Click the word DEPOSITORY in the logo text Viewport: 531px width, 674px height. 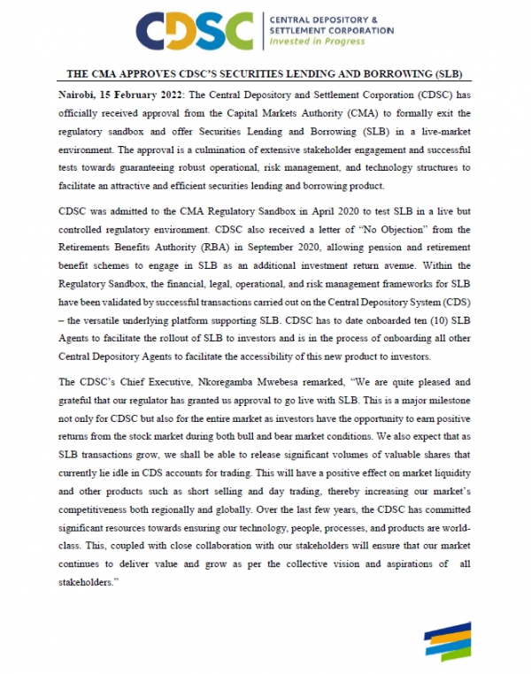click(330, 19)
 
